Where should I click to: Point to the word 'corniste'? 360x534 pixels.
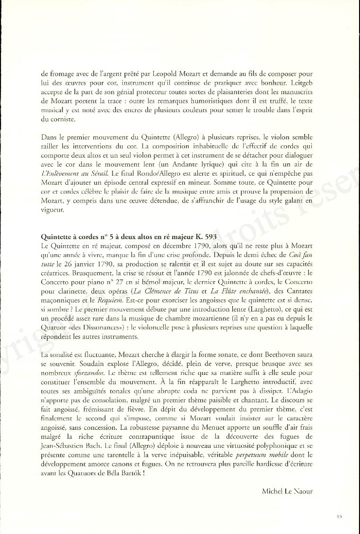tap(59, 120)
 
